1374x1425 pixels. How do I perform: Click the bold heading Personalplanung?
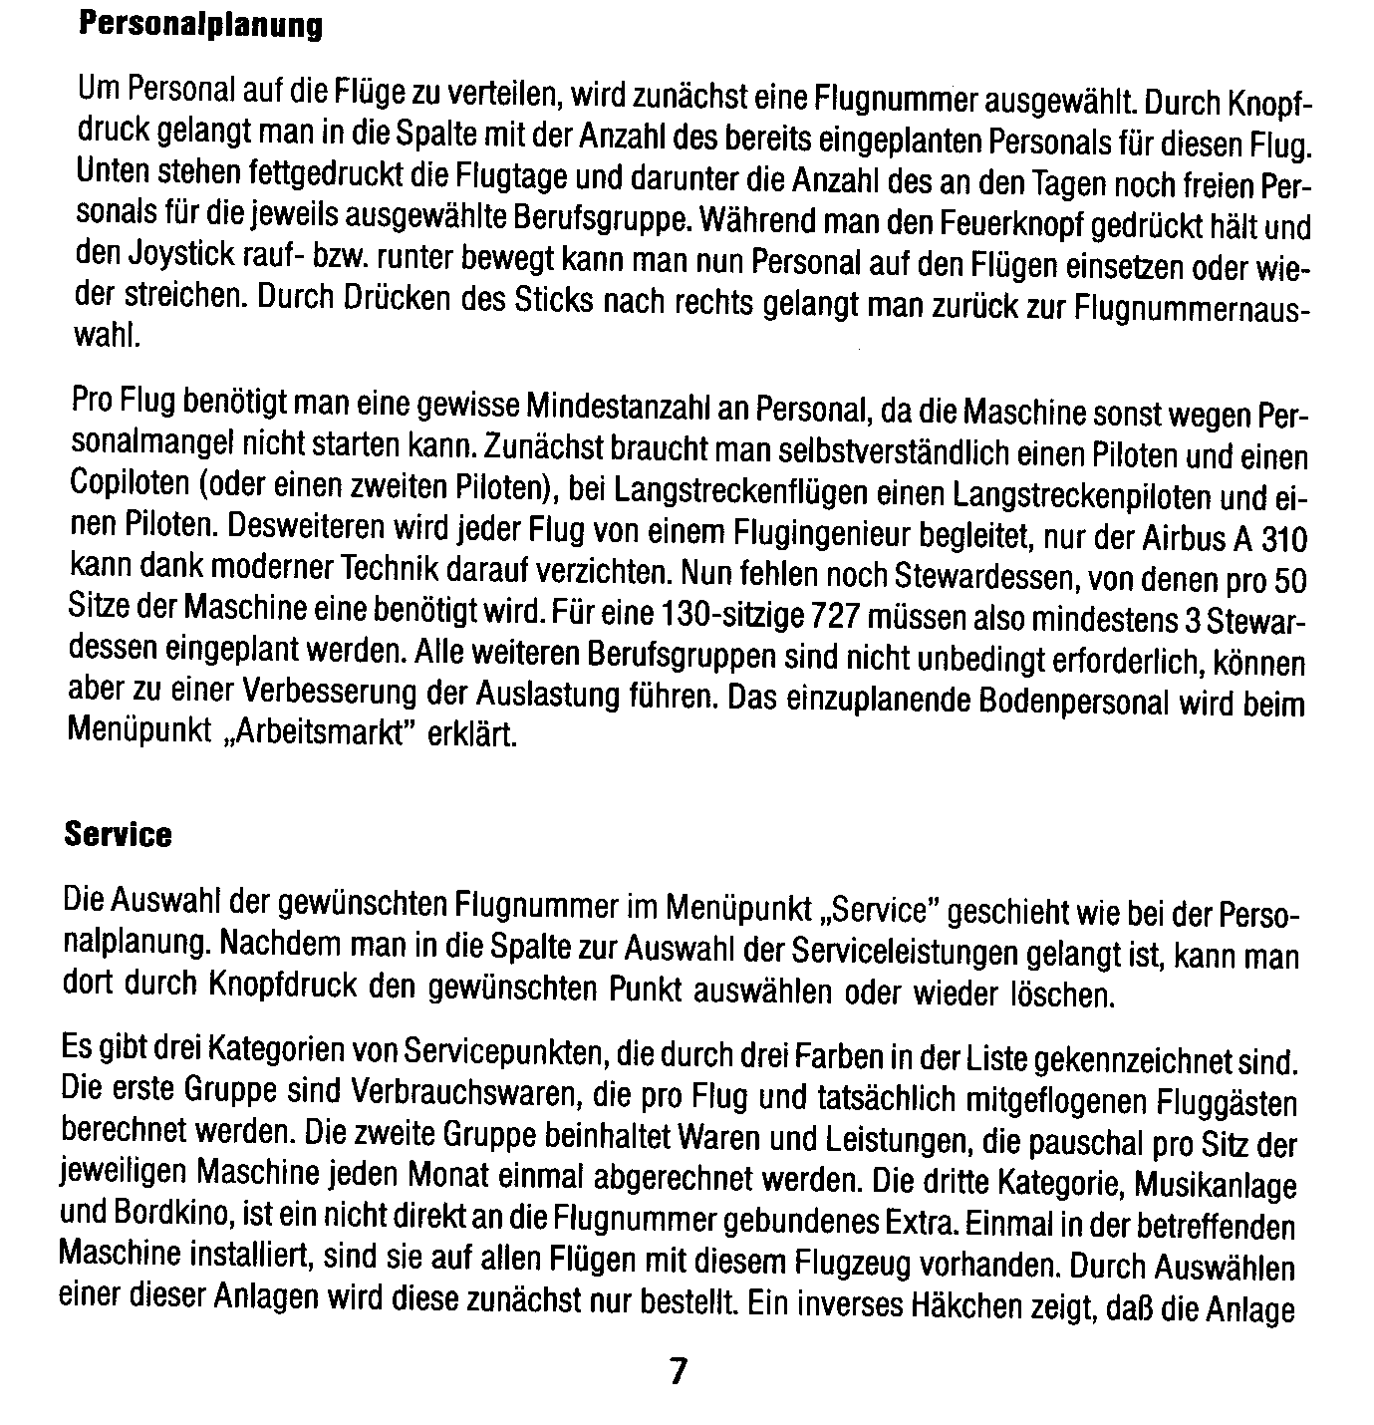tap(200, 26)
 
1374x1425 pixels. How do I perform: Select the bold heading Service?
tap(118, 834)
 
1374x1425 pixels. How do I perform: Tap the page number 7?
tap(678, 1371)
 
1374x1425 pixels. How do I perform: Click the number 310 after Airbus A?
tap(1282, 539)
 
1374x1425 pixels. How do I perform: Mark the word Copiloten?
tap(130, 486)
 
